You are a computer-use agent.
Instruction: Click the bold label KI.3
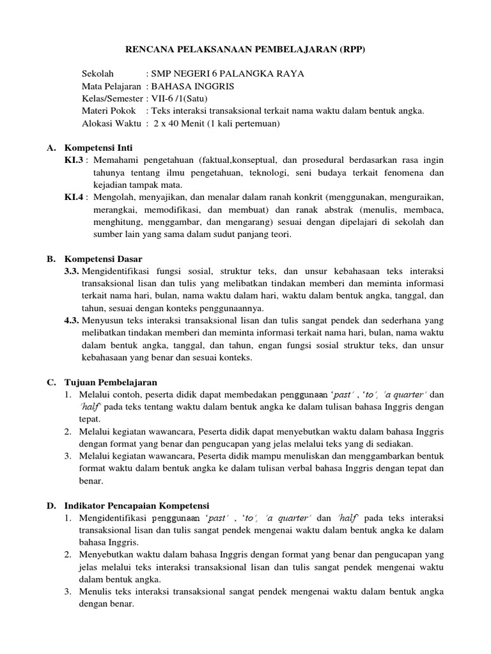click(74, 160)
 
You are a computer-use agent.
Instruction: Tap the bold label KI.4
click(74, 197)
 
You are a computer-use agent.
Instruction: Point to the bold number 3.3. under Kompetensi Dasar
click(72, 271)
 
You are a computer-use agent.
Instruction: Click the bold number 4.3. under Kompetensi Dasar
click(72, 320)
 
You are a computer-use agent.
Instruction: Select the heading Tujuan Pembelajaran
click(111, 382)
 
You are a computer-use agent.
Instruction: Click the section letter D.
click(51, 505)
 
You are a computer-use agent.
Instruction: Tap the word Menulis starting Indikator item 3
click(95, 591)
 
